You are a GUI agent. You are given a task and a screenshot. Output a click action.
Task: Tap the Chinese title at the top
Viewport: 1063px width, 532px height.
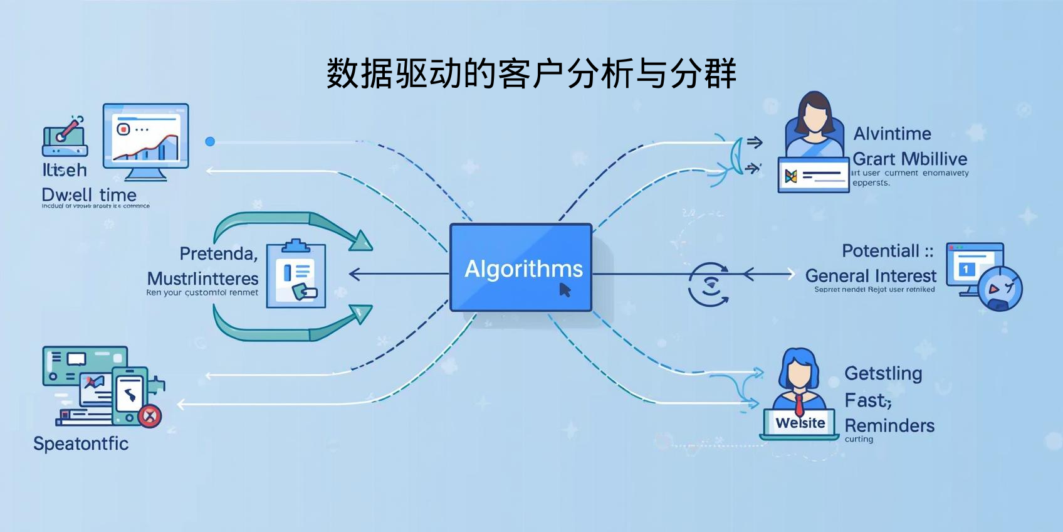tap(531, 74)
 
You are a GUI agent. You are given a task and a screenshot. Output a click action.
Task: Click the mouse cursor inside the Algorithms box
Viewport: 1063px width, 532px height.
tap(565, 290)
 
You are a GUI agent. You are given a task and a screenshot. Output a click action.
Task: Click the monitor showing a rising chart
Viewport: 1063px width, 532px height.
tap(146, 136)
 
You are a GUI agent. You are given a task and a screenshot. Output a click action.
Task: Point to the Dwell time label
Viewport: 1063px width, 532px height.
tap(89, 195)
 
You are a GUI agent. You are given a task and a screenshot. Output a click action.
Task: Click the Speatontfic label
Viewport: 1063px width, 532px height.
tap(81, 444)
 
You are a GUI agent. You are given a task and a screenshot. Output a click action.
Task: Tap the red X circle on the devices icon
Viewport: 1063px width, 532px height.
tap(150, 416)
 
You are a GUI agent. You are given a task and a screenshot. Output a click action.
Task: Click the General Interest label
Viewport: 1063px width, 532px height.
tap(871, 276)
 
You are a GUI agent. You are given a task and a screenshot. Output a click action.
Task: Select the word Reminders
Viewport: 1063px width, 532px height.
tap(889, 425)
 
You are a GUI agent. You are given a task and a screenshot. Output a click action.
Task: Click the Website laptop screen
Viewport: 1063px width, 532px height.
tap(800, 423)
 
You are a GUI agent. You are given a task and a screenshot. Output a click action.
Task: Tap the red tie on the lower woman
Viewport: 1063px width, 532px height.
tap(799, 405)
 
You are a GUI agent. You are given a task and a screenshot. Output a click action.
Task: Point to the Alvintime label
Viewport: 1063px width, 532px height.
tap(892, 134)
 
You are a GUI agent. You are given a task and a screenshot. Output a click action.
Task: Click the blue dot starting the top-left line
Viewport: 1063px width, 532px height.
tap(210, 142)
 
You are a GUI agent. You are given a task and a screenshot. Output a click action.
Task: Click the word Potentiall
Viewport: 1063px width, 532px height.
tap(881, 251)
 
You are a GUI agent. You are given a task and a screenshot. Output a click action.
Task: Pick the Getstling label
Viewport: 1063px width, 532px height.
tap(883, 373)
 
